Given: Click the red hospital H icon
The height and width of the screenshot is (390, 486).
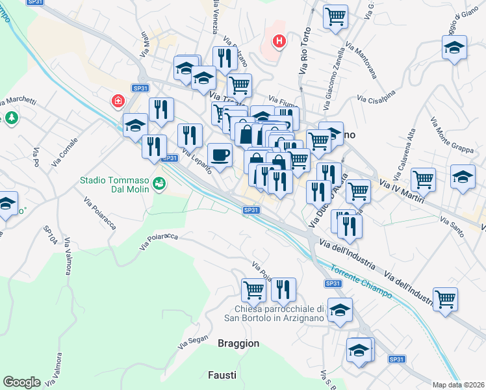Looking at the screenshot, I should coord(279,42).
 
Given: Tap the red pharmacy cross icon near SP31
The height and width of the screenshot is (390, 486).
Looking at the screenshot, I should coord(118,101).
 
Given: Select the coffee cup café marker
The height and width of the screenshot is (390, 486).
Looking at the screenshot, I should coord(219,155).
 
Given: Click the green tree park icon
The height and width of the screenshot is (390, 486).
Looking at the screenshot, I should coord(10,118).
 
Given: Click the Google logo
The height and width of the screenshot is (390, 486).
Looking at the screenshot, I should coord(21,382).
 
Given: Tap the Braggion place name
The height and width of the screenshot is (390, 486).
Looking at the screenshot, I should coord(238,343).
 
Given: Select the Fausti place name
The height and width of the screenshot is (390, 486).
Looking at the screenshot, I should coord(223,375).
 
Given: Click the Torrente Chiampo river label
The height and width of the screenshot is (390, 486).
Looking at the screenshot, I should coord(361,281).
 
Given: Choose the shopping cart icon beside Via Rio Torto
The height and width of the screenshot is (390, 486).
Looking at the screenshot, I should coord(335,18).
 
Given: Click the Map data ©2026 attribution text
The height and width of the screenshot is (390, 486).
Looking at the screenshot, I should coord(459,385).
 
